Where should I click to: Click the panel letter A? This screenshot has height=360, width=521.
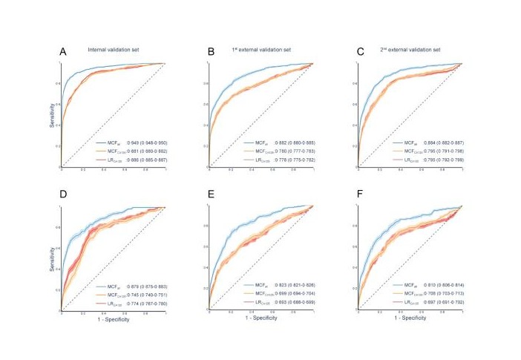click(x=64, y=51)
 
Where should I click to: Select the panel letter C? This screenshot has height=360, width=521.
click(x=360, y=51)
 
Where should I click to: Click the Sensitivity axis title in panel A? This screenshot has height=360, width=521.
click(x=53, y=115)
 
